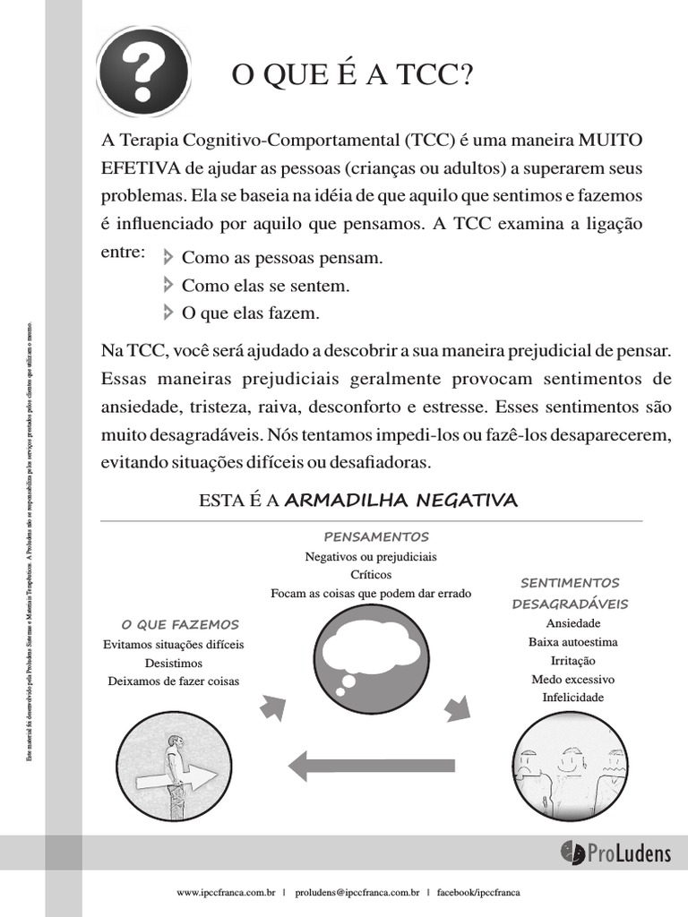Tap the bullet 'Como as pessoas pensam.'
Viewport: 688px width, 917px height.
point(281,258)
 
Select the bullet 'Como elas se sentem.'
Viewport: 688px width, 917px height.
point(265,286)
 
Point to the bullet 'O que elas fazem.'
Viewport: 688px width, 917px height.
point(250,313)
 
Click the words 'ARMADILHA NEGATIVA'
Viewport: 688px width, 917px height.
point(400,500)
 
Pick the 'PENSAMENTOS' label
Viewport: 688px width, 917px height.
point(375,536)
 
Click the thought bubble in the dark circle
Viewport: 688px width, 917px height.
point(370,650)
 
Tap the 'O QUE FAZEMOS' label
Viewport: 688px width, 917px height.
point(180,624)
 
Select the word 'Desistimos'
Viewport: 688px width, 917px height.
point(174,663)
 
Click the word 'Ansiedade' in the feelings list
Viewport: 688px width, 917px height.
point(572,623)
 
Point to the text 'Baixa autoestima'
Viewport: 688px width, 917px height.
point(572,642)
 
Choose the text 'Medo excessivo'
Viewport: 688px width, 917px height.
point(572,679)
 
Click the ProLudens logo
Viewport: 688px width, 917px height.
point(615,853)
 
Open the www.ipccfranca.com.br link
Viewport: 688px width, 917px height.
point(226,893)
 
